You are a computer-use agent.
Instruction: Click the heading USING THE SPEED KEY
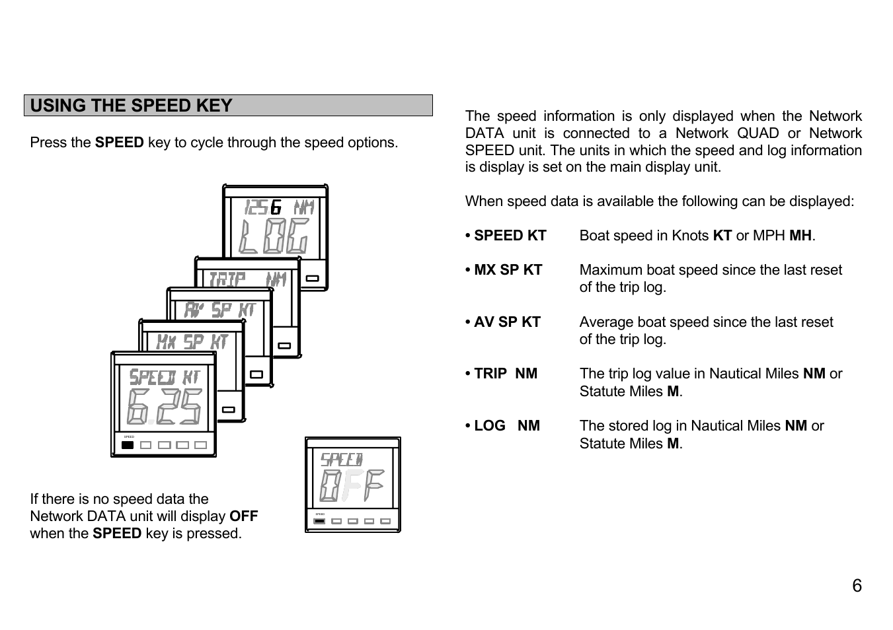(x=131, y=106)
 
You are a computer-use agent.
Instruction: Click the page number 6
(x=857, y=586)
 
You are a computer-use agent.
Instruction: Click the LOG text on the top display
(x=274, y=236)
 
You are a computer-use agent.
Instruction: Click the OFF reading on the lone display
(x=352, y=486)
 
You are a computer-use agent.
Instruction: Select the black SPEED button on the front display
(x=128, y=445)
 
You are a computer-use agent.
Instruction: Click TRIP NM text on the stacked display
(x=247, y=279)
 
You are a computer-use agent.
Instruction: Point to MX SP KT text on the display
(x=192, y=341)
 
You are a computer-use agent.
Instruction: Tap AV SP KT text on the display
(x=219, y=310)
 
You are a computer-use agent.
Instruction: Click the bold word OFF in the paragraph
(x=243, y=516)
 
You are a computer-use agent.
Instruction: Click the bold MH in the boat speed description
(x=800, y=236)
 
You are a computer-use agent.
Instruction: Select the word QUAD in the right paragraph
(x=757, y=133)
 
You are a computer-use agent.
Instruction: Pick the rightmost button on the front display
(x=200, y=445)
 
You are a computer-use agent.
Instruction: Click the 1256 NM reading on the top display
(x=278, y=207)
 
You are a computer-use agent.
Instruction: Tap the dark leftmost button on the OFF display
(x=319, y=521)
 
